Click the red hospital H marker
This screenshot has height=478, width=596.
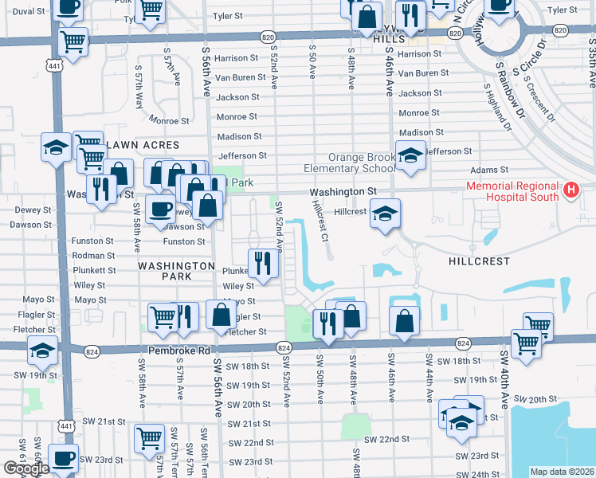pos(571,190)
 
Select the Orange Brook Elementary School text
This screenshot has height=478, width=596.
pos(349,163)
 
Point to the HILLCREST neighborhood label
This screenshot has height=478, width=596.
pos(476,261)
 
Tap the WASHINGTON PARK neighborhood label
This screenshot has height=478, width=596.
pos(176,271)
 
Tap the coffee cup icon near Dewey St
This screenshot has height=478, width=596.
pos(159,209)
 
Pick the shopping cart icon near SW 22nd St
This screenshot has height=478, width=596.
pos(149,437)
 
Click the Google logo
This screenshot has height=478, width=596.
pos(25,468)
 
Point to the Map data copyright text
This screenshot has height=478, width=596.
pos(561,472)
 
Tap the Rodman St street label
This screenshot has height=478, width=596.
pos(94,256)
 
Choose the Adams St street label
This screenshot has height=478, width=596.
pos(488,170)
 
